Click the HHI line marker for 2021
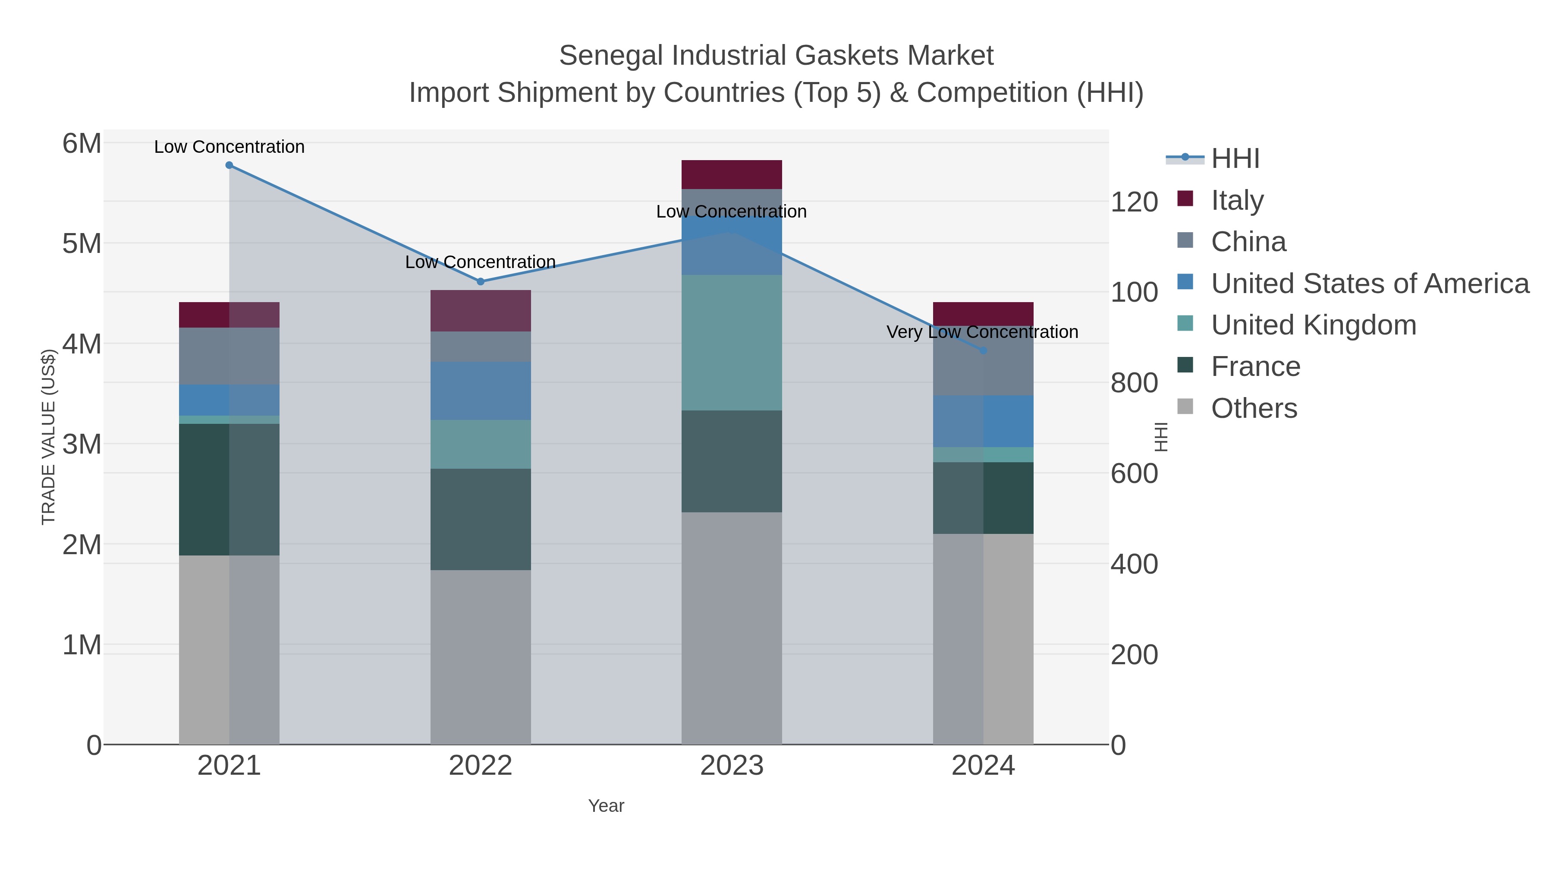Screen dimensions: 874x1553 pos(229,165)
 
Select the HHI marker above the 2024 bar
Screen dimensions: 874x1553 pos(983,350)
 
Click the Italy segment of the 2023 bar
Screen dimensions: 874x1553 pos(731,175)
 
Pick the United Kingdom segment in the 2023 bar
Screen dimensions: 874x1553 pos(731,343)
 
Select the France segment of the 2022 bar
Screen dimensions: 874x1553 pos(481,519)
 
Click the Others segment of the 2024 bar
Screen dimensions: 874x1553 pos(983,639)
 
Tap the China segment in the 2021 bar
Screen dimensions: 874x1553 pos(229,356)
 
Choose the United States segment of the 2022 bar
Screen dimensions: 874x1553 pos(481,391)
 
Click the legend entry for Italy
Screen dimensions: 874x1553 pos(1236,200)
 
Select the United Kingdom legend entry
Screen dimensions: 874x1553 pos(1313,325)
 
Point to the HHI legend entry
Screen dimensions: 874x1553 pos(1235,159)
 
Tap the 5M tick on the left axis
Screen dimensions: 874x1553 pos(82,244)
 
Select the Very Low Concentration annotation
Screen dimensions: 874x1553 pos(982,332)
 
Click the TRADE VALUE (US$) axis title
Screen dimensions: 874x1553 pos(48,437)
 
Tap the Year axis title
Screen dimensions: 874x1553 pos(606,806)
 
